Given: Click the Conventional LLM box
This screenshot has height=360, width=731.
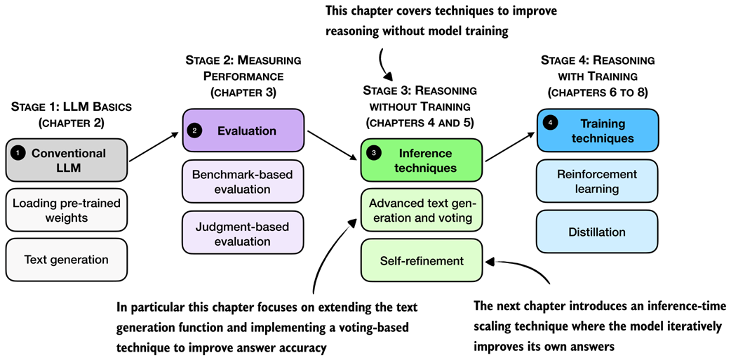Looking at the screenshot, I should click(67, 161).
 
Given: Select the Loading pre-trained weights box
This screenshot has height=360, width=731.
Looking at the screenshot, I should click(67, 211).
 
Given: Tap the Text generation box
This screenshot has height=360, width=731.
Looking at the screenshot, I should click(67, 260).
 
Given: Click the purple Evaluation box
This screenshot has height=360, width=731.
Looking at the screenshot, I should click(243, 131).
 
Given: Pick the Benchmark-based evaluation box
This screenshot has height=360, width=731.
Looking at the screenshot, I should click(243, 181).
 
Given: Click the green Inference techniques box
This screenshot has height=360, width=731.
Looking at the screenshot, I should click(422, 160).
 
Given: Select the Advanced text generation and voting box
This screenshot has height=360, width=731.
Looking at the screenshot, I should click(422, 210).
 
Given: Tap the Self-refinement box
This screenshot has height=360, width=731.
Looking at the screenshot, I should click(422, 260).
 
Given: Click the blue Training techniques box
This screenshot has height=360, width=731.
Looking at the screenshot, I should click(597, 131).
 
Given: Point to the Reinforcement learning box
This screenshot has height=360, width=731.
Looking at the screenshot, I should click(597, 181).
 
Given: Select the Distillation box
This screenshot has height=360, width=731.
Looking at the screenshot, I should click(597, 232).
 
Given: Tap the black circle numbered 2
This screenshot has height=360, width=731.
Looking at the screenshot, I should click(196, 131).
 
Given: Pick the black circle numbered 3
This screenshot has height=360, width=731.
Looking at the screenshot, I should click(374, 152).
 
